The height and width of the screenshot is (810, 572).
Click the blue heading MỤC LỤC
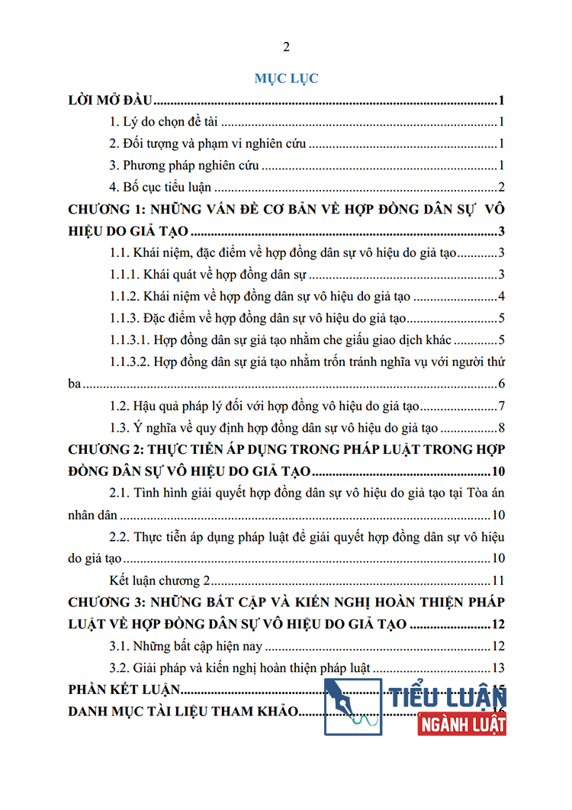(x=286, y=78)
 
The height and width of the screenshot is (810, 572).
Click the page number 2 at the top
(x=286, y=47)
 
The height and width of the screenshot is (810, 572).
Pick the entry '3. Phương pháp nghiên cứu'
(x=184, y=166)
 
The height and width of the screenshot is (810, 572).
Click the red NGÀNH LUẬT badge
(x=462, y=723)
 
